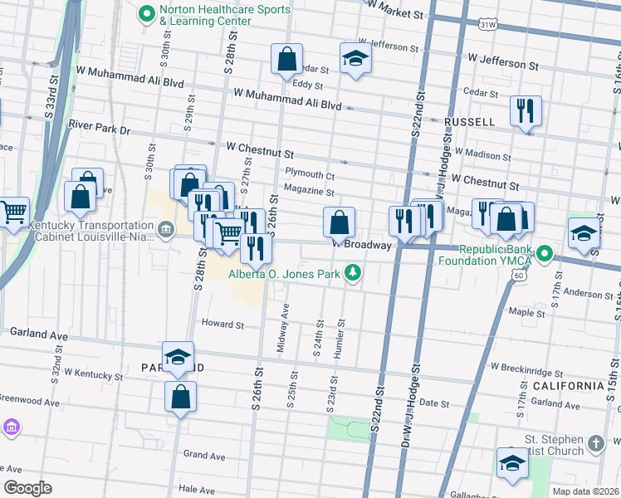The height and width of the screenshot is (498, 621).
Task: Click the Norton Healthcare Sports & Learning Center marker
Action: tap(147, 13)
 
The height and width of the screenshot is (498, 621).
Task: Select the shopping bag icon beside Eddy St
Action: tap(286, 60)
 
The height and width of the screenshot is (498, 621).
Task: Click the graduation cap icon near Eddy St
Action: tap(355, 60)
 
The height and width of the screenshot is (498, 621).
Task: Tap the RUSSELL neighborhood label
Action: tap(469, 122)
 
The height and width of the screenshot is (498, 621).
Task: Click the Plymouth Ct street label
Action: tap(309, 176)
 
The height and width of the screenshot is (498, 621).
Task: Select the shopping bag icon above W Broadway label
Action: tap(339, 222)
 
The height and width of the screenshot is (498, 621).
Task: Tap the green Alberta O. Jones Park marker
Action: tap(354, 273)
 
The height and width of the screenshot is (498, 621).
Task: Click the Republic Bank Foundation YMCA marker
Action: tap(545, 252)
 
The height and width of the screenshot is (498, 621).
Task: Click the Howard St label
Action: tap(222, 324)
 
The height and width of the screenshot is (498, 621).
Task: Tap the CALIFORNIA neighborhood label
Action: tap(570, 386)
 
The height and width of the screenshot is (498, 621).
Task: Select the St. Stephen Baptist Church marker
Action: tap(595, 444)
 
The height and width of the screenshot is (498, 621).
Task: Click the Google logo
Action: tap(28, 487)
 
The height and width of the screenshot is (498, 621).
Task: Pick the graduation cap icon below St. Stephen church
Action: tap(512, 464)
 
